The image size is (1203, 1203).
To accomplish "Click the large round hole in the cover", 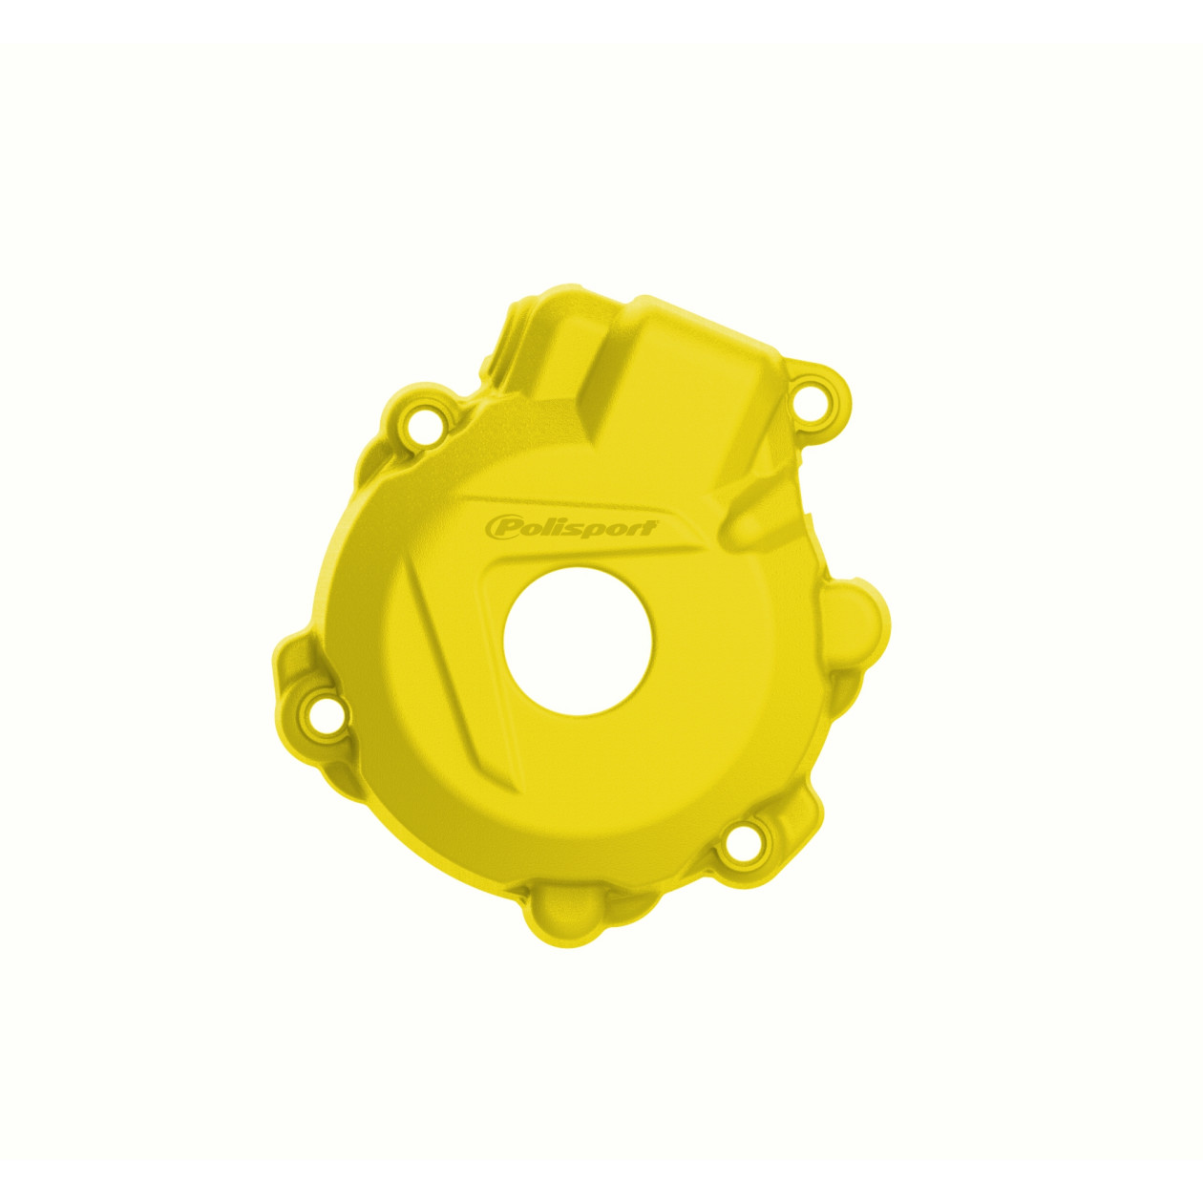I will [x=578, y=641].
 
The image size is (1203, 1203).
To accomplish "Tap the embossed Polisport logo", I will [x=571, y=527].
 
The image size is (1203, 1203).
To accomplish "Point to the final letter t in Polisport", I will [x=649, y=525].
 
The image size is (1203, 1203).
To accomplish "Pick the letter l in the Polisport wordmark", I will [x=559, y=526].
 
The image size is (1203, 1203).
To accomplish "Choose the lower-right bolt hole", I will [x=741, y=844].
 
